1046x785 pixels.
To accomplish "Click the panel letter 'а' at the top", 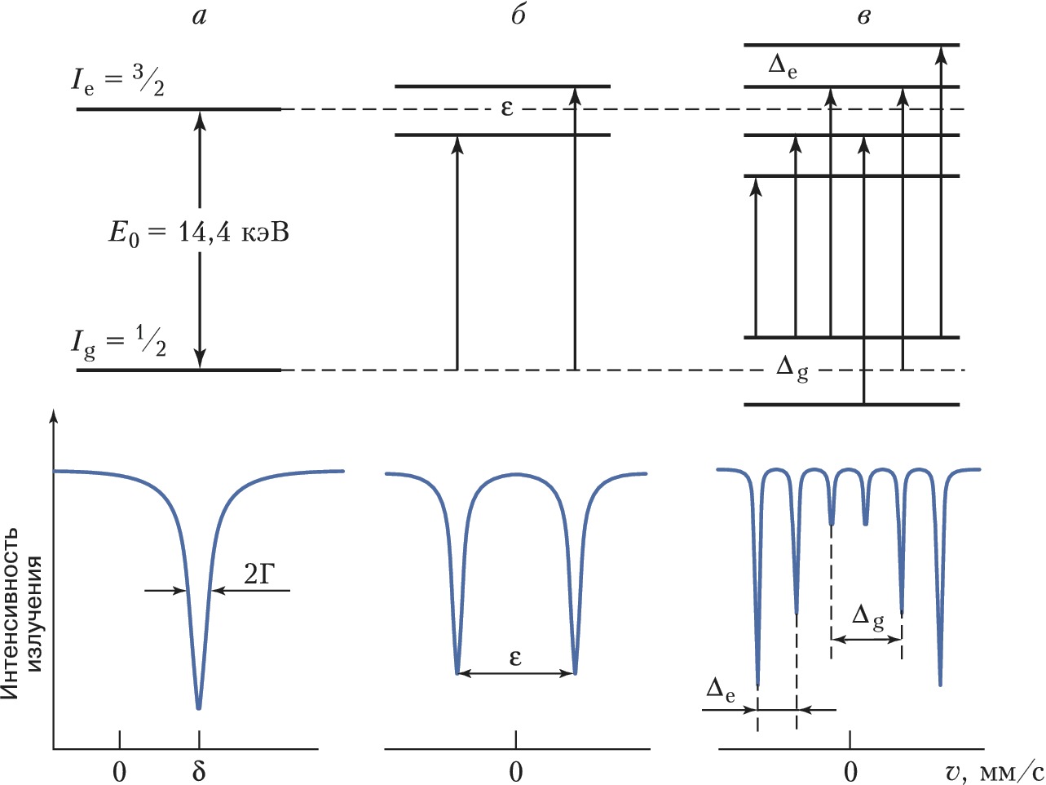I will [x=200, y=17].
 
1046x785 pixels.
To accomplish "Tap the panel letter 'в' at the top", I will [x=864, y=17].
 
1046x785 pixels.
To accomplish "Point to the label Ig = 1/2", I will [x=117, y=344].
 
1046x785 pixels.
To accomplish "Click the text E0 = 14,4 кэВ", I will [x=199, y=233].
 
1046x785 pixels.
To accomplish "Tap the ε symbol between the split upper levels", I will [x=507, y=108].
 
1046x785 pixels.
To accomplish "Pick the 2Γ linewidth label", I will [x=260, y=576].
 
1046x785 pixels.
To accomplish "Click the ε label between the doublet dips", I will [x=515, y=656].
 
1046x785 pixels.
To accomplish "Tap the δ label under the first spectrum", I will [x=199, y=770].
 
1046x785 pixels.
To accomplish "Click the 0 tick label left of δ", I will [x=120, y=770].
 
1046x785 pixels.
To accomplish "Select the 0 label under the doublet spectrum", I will [x=516, y=770].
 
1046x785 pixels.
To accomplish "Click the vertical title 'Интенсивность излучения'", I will [x=21, y=612].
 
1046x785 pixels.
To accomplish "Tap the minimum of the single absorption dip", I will [x=199, y=707].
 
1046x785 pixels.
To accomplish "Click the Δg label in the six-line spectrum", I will [x=867, y=618].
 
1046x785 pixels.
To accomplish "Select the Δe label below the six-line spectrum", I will [x=721, y=691].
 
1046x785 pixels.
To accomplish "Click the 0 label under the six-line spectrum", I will [x=850, y=770].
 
